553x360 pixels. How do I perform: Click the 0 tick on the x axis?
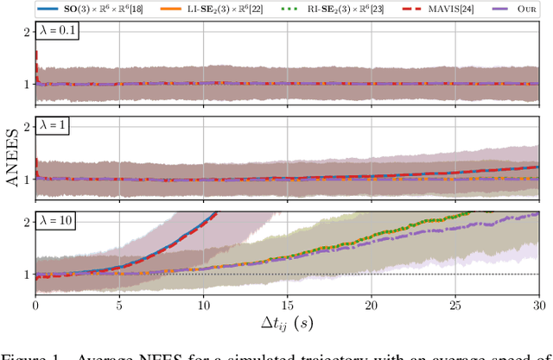point(35,306)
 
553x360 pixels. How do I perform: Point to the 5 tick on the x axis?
point(119,306)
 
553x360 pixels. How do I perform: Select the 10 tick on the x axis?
point(203,306)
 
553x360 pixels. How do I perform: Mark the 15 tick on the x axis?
point(287,306)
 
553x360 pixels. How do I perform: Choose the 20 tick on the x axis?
point(371,306)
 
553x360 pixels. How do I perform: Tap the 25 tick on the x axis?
point(454,306)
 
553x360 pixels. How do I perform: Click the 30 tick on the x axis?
point(537,306)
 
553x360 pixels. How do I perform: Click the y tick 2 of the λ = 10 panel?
point(26,222)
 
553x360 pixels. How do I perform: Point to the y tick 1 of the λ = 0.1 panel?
point(26,84)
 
